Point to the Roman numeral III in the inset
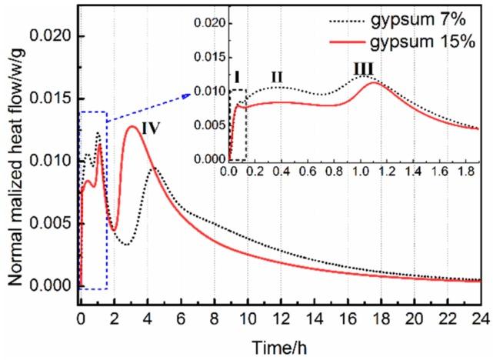click(363, 70)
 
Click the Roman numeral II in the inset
click(277, 76)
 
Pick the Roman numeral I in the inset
click(237, 76)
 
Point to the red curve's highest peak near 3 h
click(132, 127)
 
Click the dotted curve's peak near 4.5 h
click(155, 166)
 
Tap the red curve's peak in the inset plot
click(373, 82)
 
